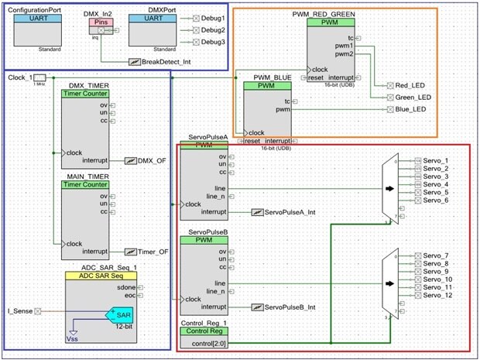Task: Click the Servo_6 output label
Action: pos(436,201)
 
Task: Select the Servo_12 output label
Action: pos(438,295)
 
